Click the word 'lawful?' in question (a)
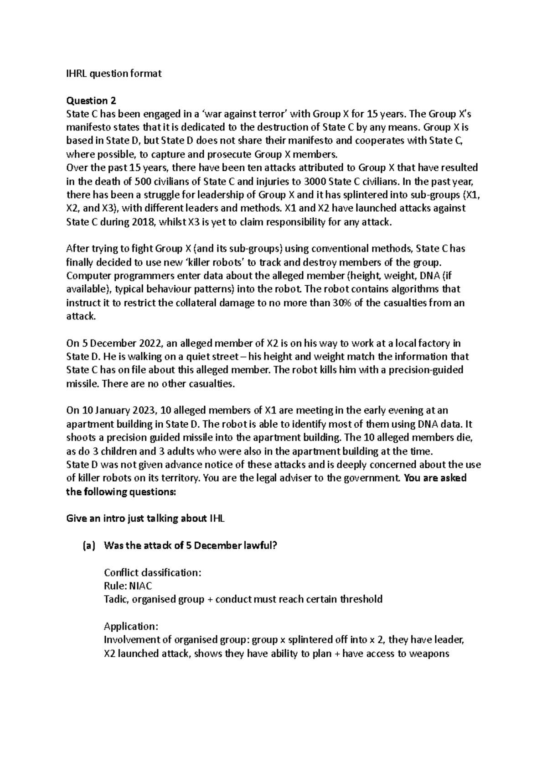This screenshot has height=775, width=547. (x=260, y=545)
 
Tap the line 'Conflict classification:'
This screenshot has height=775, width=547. (x=152, y=572)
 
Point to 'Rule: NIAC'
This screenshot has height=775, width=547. (x=128, y=586)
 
